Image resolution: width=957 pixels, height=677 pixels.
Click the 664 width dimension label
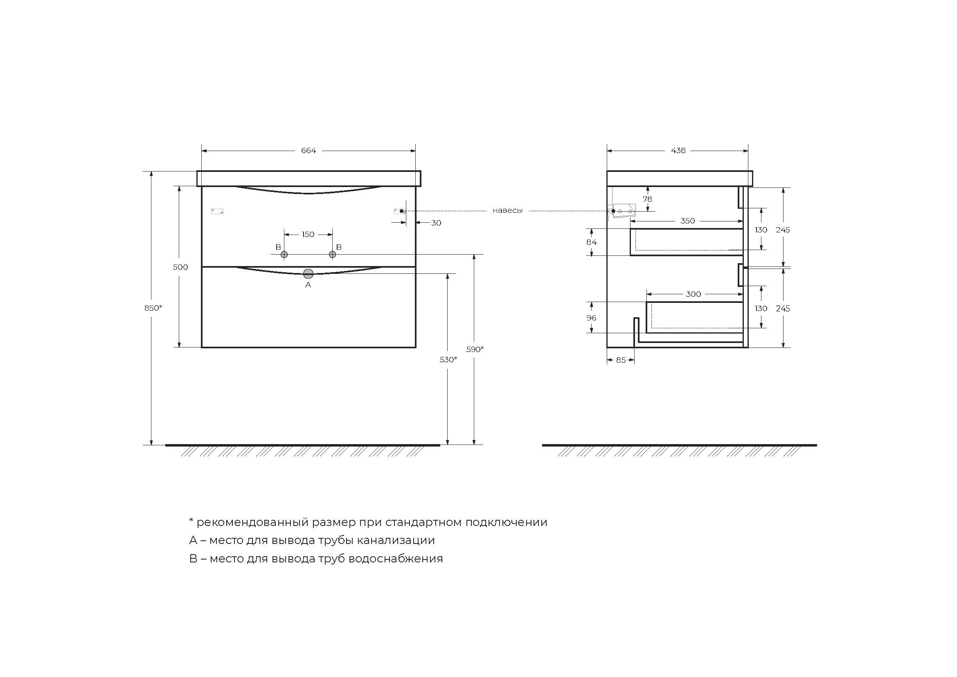point(308,151)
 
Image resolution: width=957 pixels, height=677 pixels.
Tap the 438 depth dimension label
point(678,151)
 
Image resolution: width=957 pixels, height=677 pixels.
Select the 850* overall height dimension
point(153,308)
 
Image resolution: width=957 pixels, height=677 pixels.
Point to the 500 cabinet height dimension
point(180,267)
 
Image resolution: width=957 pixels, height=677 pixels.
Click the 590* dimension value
point(475,349)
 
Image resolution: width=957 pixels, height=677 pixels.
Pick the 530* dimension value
point(448,359)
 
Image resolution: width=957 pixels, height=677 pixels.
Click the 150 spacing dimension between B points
point(308,235)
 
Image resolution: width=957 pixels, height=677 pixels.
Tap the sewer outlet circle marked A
point(308,274)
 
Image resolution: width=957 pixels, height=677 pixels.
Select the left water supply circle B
point(284,254)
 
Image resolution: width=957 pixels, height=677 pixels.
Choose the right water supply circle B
point(332,254)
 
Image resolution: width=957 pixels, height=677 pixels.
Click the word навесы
point(507,211)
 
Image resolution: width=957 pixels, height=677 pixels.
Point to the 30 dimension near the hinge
point(436,223)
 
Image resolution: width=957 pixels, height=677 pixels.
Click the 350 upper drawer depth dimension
point(687,221)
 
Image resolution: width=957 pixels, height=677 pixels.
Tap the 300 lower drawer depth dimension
point(693,294)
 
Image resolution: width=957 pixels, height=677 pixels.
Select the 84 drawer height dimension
point(591,242)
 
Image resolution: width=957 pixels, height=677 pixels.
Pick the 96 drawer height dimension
point(591,318)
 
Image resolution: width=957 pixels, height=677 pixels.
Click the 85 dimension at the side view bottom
point(621,360)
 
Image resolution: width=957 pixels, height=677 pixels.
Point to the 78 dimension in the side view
point(647,199)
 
